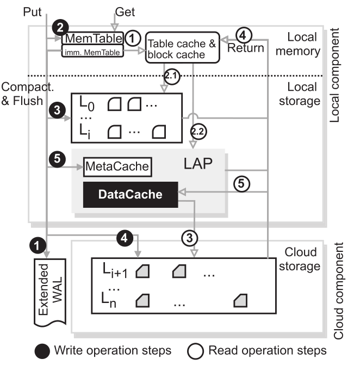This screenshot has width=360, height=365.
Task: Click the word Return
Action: [x=246, y=48]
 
